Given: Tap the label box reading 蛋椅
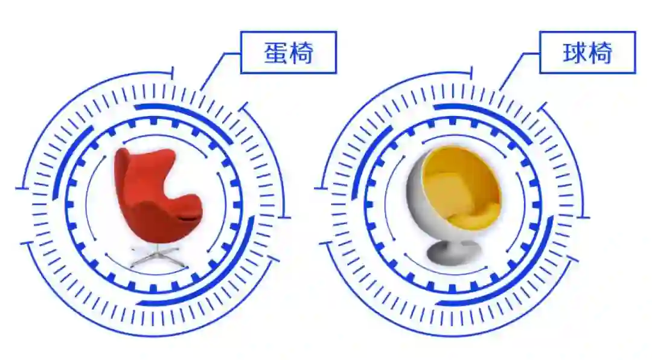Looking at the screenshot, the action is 288,53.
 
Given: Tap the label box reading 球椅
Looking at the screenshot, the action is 587,53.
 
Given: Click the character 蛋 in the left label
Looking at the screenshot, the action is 275,53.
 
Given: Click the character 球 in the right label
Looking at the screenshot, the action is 574,53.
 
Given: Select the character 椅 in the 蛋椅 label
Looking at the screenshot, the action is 301,53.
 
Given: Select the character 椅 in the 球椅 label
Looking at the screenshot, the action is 600,53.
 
